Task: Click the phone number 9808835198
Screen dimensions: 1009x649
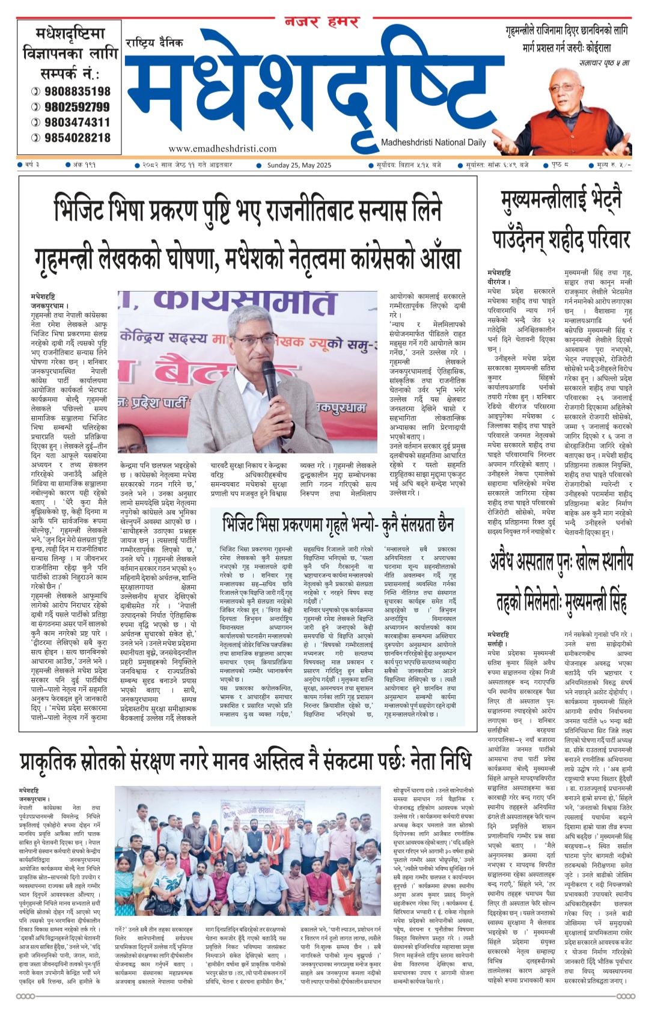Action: pos(76,91)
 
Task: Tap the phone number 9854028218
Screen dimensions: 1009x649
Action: pos(76,138)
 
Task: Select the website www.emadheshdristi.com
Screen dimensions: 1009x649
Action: pos(222,149)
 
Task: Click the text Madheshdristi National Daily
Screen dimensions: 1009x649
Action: pos(433,143)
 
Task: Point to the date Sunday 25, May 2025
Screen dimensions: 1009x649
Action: pos(299,165)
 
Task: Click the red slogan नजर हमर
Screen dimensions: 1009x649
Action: pos(322,22)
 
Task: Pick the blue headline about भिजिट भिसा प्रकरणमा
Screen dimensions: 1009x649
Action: pos(337,523)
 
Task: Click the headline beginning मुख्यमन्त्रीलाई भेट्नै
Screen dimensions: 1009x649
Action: pos(561,200)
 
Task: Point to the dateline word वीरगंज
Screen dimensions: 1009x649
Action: pos(498,281)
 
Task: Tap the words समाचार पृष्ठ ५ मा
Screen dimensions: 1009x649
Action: pos(604,62)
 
